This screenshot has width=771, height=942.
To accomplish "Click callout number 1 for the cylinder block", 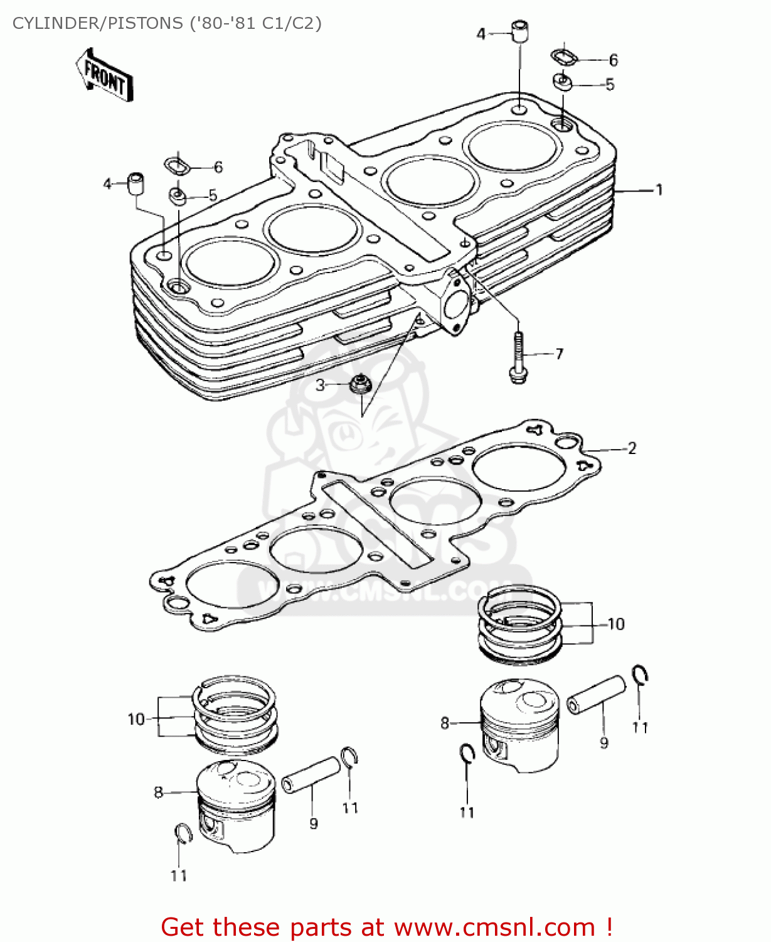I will coord(659,190).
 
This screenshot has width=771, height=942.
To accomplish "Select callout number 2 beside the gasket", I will coord(632,448).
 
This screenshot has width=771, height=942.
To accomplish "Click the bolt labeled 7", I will coord(518,359).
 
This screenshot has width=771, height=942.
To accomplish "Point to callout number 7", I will coord(559,354).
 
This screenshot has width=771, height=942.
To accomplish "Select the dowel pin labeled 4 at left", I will coord(136,183).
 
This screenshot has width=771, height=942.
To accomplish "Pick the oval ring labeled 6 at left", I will coord(178,166).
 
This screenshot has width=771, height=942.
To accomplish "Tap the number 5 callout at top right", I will coord(610,85).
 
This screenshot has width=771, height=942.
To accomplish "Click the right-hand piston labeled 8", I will coord(519,725).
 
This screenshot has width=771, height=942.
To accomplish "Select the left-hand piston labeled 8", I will coord(236,805).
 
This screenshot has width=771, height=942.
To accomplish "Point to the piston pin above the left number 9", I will coord(311,774).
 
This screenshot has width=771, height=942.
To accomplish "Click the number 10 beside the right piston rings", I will coord(616,624).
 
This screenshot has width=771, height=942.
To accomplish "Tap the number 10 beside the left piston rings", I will coord(136,719).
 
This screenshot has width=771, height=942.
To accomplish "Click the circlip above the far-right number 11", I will coord(640,675).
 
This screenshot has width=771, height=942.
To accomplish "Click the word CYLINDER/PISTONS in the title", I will coord(97,23).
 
